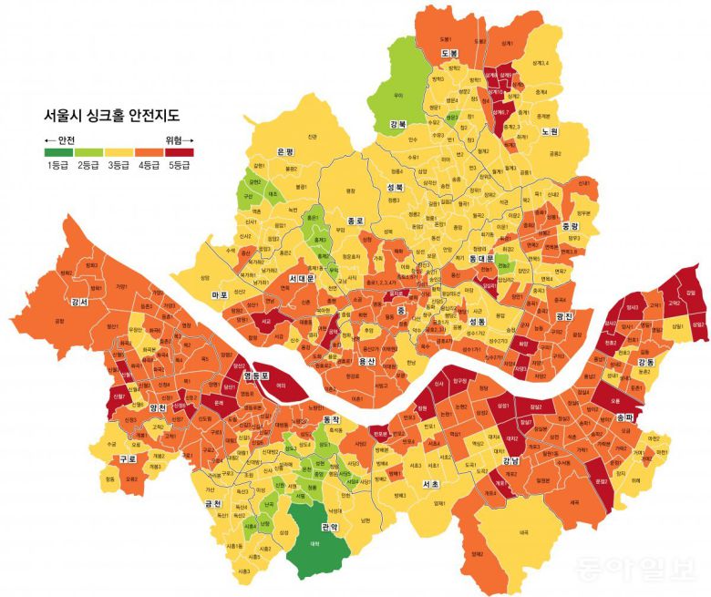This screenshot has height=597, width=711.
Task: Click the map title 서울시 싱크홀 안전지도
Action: [x=111, y=116]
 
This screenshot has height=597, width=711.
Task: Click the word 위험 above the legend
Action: [x=173, y=139]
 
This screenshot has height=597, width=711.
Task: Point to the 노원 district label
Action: [x=550, y=131]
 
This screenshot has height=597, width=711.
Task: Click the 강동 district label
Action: [x=645, y=363]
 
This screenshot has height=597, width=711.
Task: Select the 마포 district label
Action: [x=219, y=295]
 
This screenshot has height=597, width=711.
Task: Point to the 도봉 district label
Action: [x=448, y=54]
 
